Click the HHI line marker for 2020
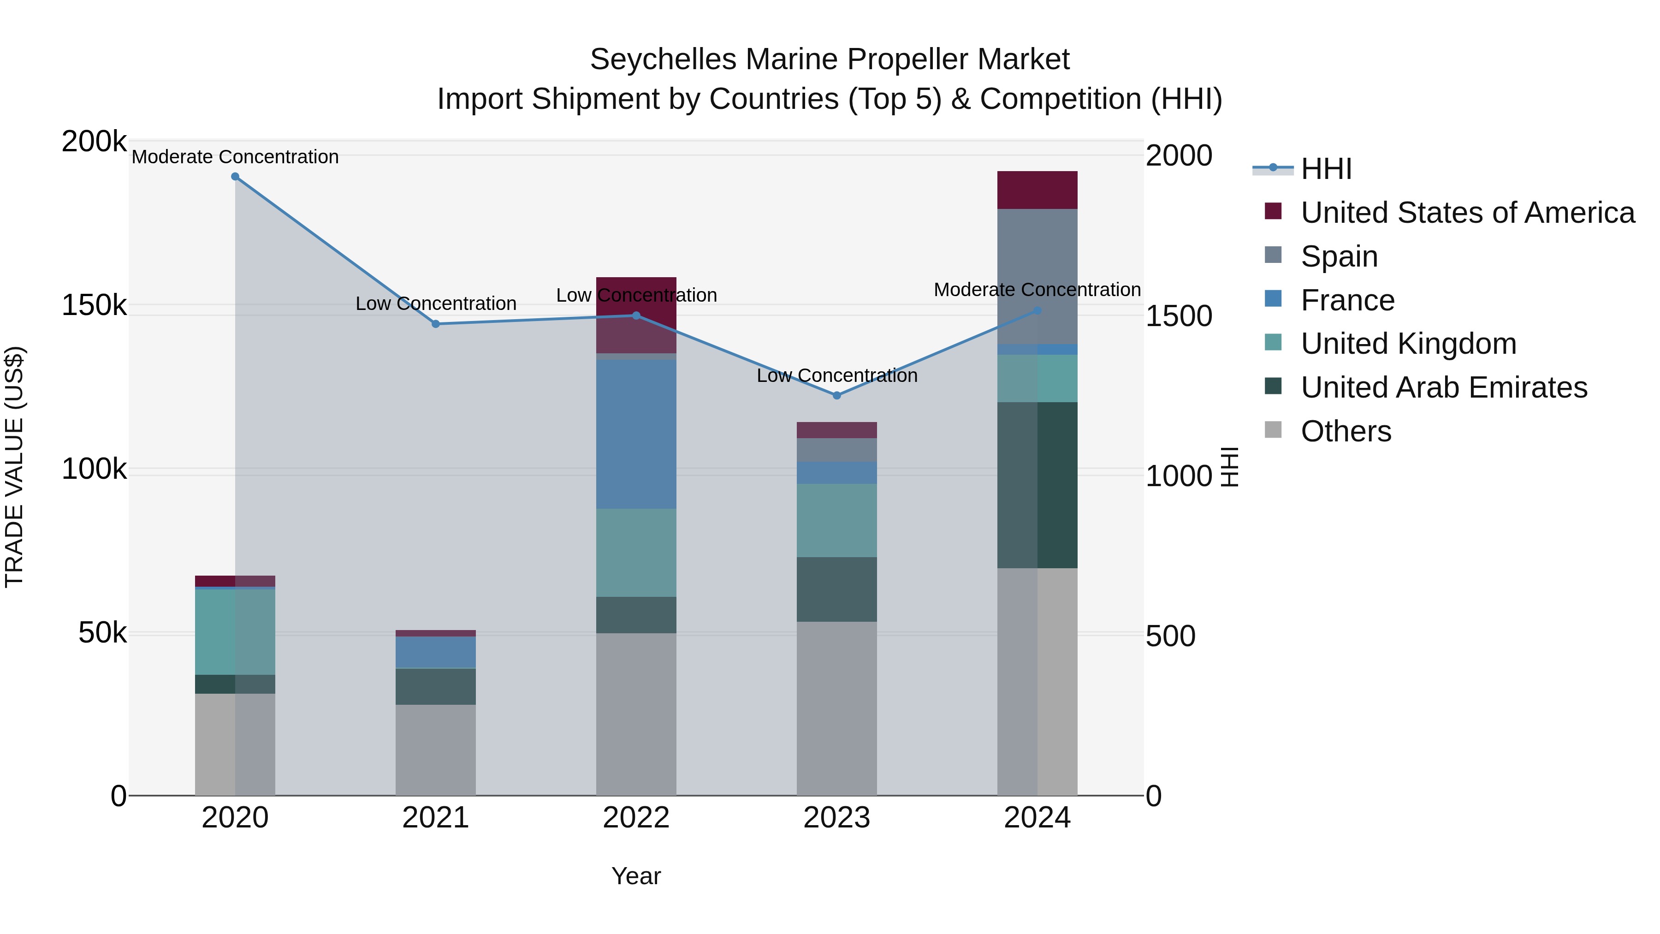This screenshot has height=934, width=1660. [235, 177]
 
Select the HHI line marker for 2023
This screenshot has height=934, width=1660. [836, 396]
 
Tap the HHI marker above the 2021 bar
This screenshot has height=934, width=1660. [436, 324]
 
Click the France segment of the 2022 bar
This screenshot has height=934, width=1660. [636, 434]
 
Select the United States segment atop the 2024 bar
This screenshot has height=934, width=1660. [1037, 190]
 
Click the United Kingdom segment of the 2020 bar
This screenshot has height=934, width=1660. [235, 632]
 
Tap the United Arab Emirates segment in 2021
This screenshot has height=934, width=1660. [436, 686]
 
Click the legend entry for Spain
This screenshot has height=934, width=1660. [1339, 256]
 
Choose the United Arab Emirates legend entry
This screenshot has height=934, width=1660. [1443, 387]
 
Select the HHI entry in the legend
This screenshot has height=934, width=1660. [1326, 169]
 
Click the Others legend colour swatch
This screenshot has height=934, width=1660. [1273, 430]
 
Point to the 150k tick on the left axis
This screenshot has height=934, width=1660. [94, 305]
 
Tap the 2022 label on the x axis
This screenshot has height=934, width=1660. [636, 818]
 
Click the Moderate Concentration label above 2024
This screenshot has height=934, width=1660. [1037, 290]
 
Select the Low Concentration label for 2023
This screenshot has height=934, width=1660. [836, 376]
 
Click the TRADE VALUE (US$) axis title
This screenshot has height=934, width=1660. [14, 467]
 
